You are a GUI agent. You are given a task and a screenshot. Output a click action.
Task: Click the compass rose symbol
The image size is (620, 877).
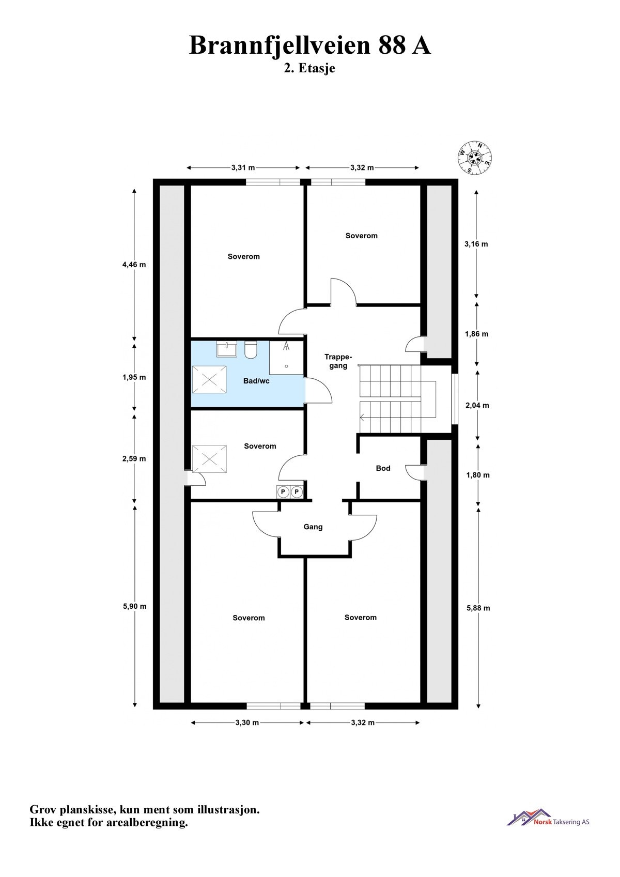point(474,158)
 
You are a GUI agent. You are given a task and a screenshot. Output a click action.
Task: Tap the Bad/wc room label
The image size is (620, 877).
point(256,381)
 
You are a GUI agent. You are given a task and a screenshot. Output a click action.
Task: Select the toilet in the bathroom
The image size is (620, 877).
point(251,350)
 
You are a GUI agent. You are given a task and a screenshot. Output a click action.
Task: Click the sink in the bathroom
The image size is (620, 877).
point(227,349)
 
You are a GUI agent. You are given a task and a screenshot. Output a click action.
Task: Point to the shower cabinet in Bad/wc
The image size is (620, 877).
point(286,357)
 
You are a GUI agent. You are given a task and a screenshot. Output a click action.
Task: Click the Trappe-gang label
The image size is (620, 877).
point(338,361)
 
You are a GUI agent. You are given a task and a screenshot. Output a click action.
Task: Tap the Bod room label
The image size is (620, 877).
point(383,468)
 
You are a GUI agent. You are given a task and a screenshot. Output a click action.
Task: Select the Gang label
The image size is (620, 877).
point(313,527)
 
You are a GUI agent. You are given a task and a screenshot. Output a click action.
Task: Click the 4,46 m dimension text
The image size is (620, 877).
point(134,265)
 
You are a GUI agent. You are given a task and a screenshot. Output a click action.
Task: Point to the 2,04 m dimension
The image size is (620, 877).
point(477,405)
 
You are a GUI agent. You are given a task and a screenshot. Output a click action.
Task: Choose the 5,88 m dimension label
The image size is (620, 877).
point(478,608)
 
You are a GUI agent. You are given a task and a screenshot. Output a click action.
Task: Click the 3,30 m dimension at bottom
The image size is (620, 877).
point(247,722)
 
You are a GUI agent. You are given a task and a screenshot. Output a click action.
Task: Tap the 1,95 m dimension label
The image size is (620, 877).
point(134,377)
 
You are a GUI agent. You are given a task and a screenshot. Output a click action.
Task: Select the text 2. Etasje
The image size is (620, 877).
point(309,68)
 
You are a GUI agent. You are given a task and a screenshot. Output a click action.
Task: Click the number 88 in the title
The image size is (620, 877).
point(392,45)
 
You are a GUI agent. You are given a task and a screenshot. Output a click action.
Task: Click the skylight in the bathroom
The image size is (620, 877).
point(209,379)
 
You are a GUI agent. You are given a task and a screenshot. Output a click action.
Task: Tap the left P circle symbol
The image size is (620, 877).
point(283,492)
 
